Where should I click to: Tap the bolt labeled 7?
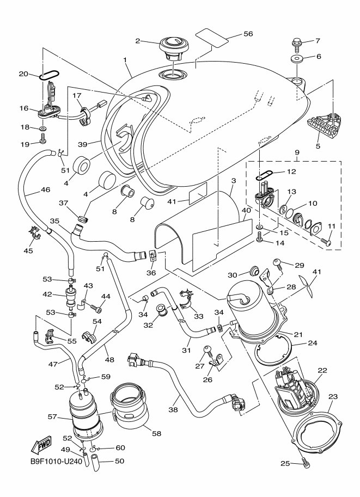point(297,41)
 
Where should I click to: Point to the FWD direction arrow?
point(40,446)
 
